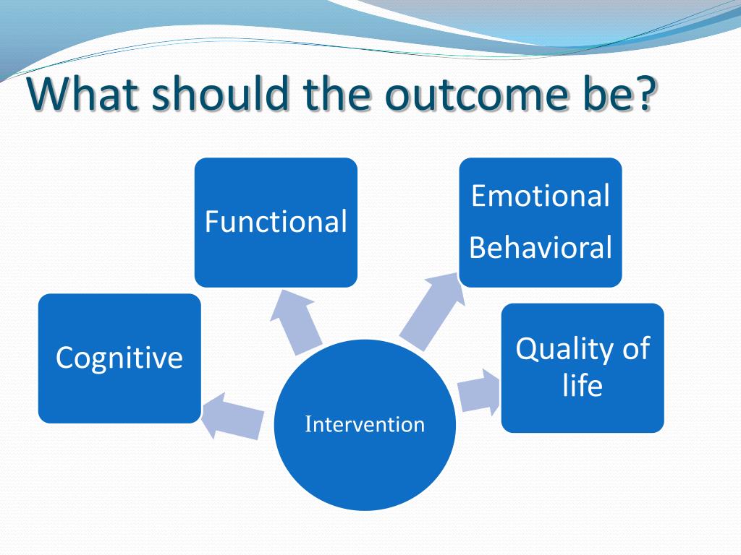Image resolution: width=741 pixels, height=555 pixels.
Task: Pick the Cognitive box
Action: [119, 358]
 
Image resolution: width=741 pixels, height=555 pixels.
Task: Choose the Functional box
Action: [276, 223]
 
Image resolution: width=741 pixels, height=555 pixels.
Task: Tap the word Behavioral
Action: [541, 247]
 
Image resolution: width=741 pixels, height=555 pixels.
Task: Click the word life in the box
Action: [583, 384]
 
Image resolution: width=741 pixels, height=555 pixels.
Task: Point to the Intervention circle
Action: [365, 425]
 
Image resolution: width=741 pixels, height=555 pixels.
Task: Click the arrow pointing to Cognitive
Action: [232, 416]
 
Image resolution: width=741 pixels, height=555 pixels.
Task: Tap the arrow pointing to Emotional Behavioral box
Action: [432, 312]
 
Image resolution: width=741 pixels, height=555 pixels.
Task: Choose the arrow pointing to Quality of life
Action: [479, 392]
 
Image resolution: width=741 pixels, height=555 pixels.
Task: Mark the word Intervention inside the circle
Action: [365, 424]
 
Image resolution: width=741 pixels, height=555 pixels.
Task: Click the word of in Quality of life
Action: [636, 349]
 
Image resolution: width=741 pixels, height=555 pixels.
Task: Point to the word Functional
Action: [276, 221]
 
